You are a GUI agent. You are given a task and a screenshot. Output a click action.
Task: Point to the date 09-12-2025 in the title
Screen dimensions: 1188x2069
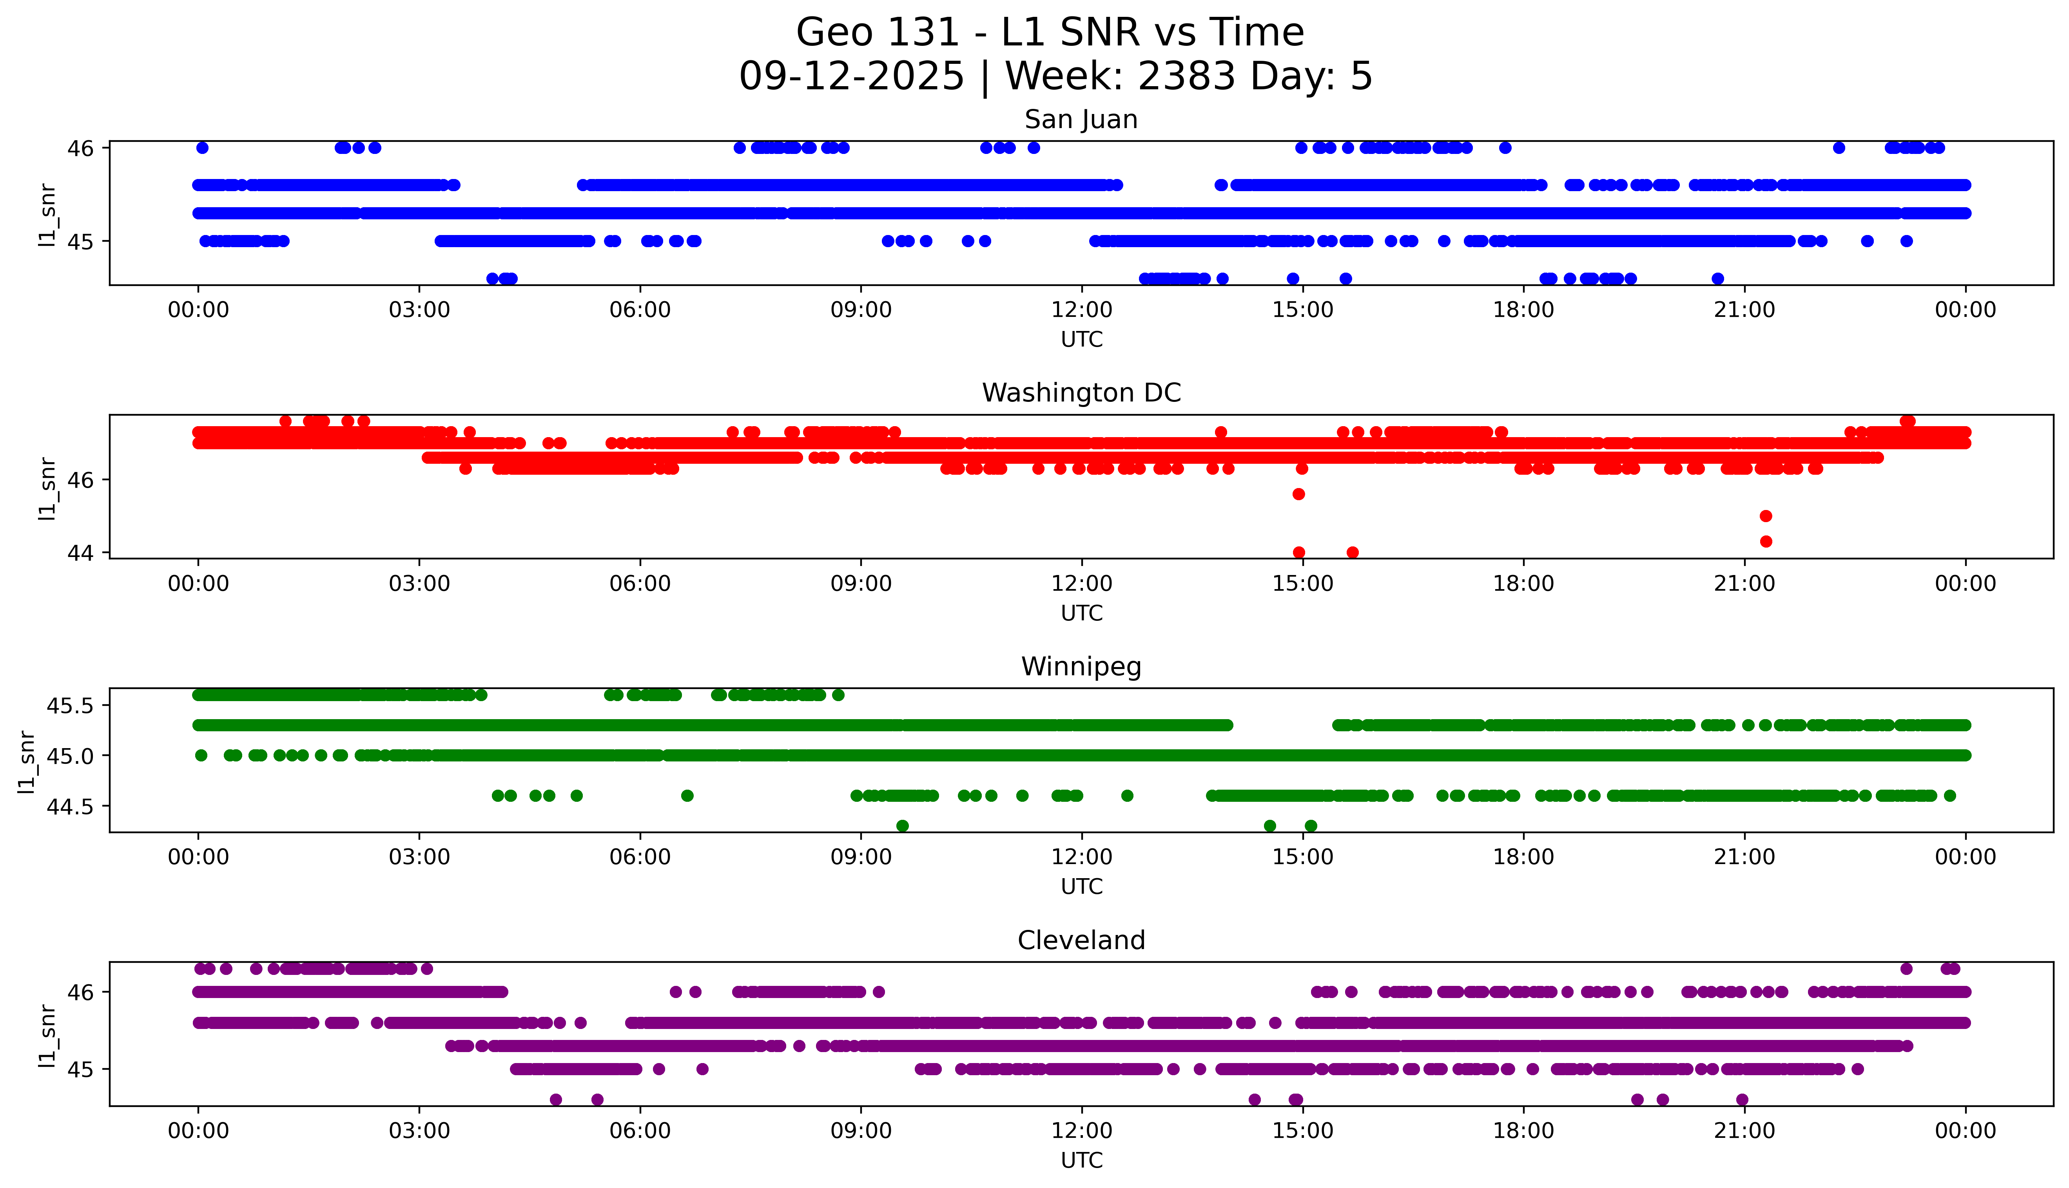(x=851, y=77)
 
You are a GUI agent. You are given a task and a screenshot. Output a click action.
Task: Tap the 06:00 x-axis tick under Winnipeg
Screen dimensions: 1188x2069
(x=640, y=857)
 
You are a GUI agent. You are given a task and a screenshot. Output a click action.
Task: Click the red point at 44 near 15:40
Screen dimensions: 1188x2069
(x=1353, y=552)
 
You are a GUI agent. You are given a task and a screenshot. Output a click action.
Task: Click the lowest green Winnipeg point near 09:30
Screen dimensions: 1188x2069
(x=902, y=826)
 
